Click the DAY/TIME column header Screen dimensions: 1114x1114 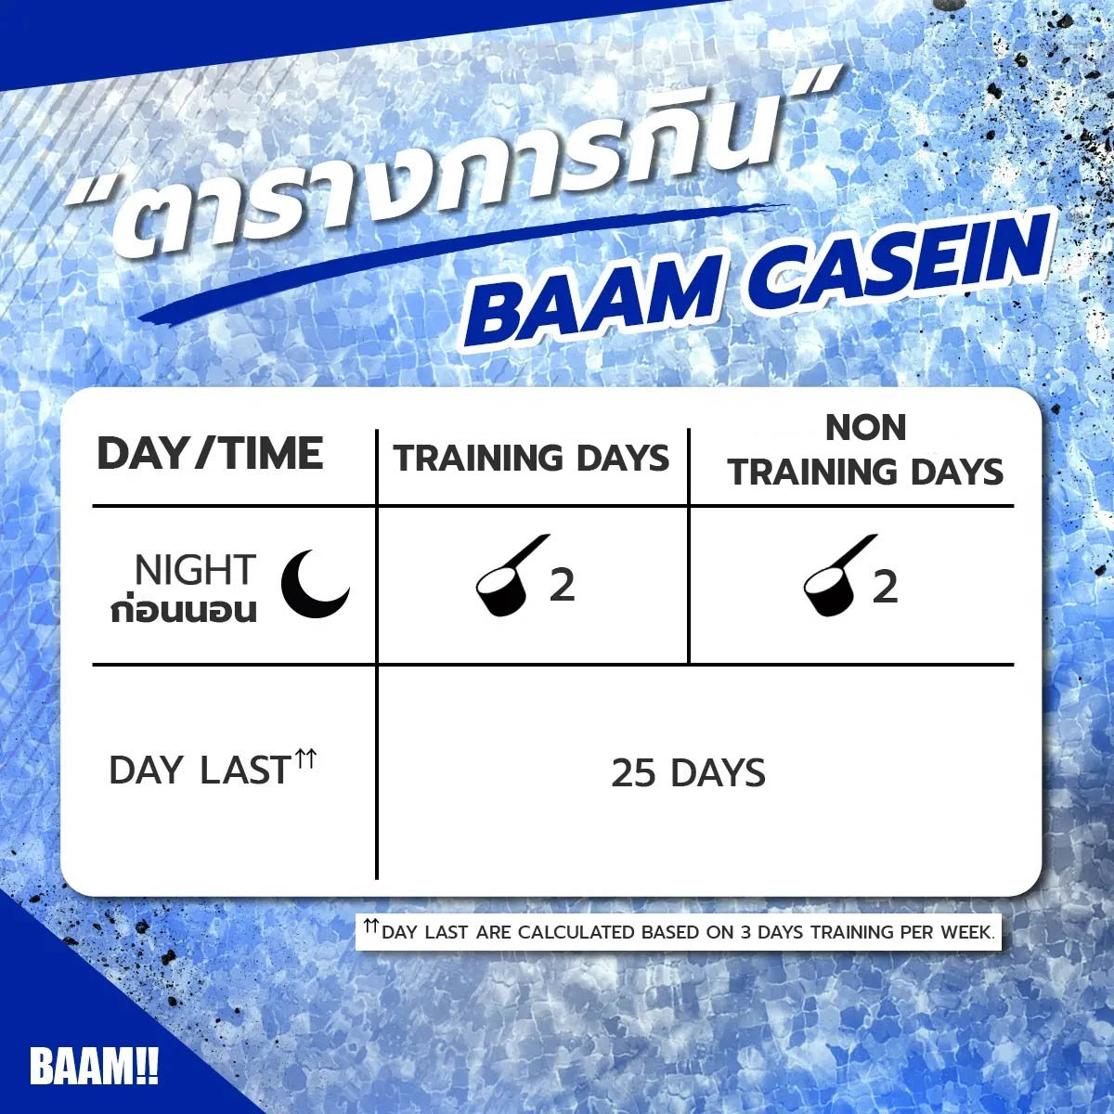(210, 454)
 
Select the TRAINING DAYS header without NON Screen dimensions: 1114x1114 (531, 459)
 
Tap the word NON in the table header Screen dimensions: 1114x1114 (865, 428)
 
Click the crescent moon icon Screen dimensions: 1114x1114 (315, 583)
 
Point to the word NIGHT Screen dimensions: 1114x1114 (194, 570)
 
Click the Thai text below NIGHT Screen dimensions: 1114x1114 (183, 612)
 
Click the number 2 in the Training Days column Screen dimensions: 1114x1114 (562, 586)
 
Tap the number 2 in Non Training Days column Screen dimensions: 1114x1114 (885, 587)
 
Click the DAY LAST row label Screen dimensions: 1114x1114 (199, 771)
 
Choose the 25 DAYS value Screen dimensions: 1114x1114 (688, 773)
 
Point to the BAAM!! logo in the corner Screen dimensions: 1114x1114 (94, 1068)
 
